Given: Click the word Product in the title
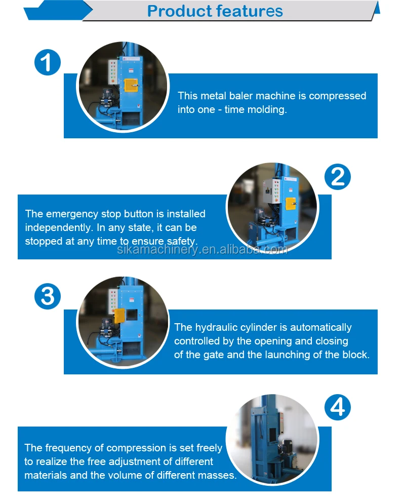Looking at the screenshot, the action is (x=179, y=12).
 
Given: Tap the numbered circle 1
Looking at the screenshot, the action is (x=48, y=62).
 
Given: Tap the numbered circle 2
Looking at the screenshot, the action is (x=338, y=177).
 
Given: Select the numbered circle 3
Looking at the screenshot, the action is (x=48, y=296).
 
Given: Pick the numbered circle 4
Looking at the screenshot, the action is (x=338, y=407).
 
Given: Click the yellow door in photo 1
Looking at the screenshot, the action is (x=131, y=85).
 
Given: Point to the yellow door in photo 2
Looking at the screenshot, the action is (x=291, y=204).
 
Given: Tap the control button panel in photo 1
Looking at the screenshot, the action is (x=113, y=72).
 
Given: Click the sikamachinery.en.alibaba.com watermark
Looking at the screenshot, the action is (x=202, y=249).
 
